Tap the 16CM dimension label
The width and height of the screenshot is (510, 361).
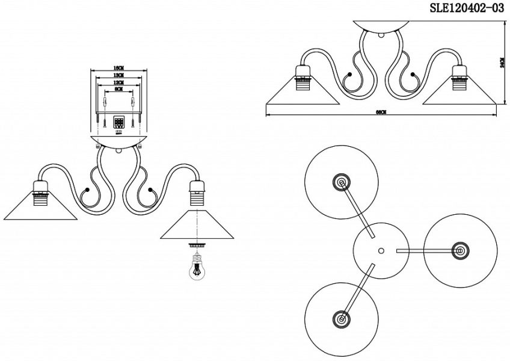118,67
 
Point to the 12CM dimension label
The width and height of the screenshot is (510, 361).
118,82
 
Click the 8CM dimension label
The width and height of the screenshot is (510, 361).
118,89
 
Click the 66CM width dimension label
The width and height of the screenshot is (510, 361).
380,112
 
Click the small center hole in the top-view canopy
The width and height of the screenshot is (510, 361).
380,249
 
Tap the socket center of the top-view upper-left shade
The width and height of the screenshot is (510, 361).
340,182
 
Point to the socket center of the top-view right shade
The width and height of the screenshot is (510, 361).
460,249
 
